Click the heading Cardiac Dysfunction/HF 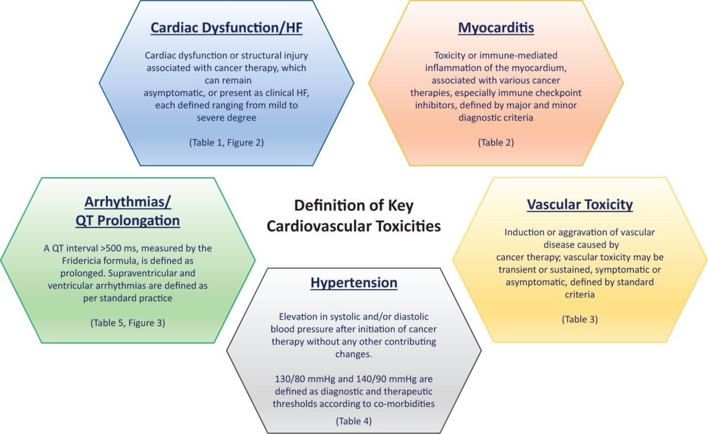point(227,28)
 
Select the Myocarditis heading point(496,28)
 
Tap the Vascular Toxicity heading point(579,205)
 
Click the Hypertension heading point(353,282)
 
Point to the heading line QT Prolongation point(127,221)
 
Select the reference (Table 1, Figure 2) point(227,143)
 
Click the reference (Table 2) point(496,143)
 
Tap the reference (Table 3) point(579,320)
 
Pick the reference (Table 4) point(353,421)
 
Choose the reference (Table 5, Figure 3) point(127,323)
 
